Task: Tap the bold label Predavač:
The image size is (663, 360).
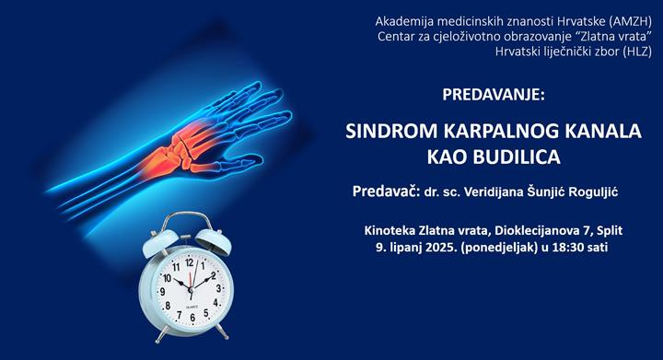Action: (386, 193)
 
